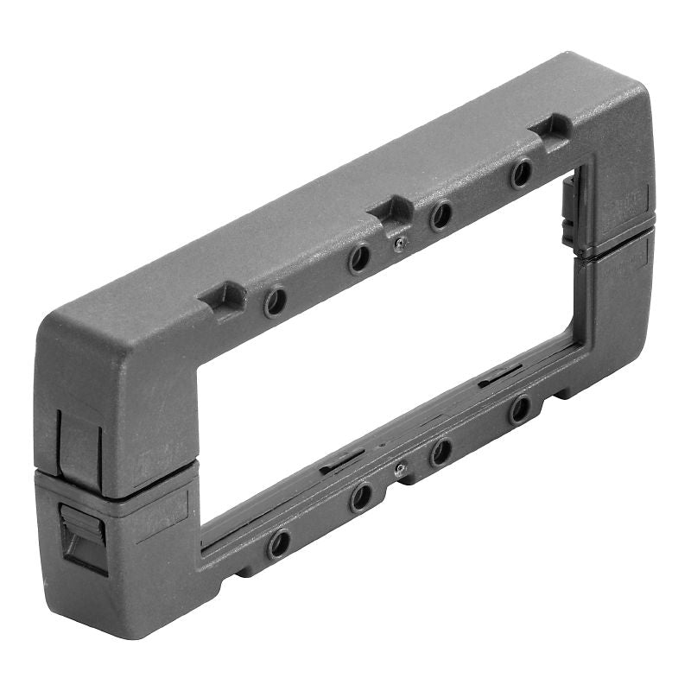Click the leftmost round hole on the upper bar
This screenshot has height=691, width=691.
click(x=276, y=301)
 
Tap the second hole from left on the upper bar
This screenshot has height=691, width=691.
click(x=359, y=257)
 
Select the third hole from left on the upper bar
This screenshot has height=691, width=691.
click(x=441, y=215)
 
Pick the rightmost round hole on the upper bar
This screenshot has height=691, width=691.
click(x=521, y=174)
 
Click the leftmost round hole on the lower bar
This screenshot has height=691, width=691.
click(x=278, y=543)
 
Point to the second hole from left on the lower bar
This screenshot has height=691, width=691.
click(x=360, y=497)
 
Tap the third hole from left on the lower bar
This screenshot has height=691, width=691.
click(x=441, y=451)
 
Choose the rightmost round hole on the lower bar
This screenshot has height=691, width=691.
click(x=519, y=409)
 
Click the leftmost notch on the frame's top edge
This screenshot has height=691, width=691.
click(x=225, y=297)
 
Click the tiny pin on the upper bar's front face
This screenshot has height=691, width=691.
click(x=398, y=245)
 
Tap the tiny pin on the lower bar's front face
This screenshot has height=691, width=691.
click(x=398, y=469)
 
